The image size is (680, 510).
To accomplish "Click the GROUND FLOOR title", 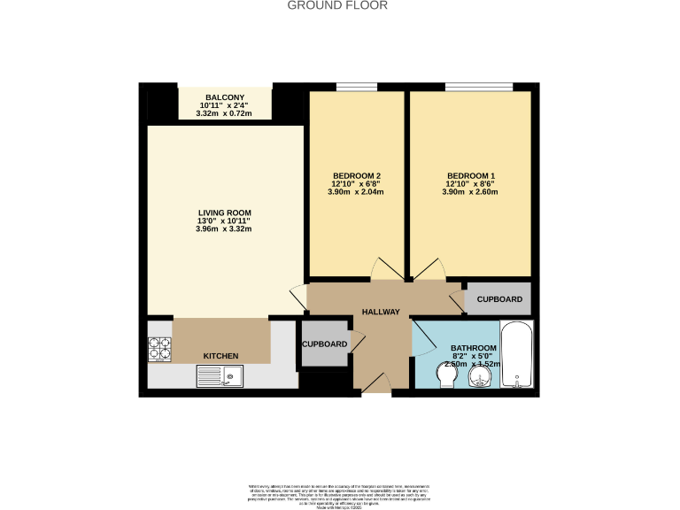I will [337, 5].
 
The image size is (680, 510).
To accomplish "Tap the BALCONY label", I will [225, 97].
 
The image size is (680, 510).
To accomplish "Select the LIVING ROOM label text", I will [225, 212].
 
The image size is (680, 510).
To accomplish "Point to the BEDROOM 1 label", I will [470, 175].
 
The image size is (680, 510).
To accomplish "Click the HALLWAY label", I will [381, 312].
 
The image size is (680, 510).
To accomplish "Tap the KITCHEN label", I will [221, 356].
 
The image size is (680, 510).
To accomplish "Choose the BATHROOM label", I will [473, 348].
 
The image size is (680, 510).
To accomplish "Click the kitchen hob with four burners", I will [159, 350].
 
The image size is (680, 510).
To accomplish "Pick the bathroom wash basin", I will [480, 379].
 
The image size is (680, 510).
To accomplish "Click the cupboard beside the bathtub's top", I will [498, 299].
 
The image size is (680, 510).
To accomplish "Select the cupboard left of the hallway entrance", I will [324, 344].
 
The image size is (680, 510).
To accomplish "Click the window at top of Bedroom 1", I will [478, 86].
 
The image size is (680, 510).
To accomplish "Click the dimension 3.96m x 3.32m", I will [225, 229].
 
